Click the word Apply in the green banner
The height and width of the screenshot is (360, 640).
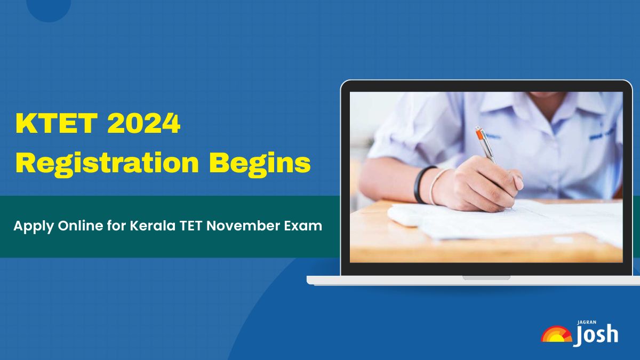click(x=30, y=226)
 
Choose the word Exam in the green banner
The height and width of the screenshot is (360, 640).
click(x=305, y=226)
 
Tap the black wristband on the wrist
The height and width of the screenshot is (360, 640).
click(x=419, y=184)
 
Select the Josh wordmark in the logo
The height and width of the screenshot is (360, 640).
click(x=596, y=335)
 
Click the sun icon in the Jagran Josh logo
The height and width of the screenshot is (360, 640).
click(x=556, y=334)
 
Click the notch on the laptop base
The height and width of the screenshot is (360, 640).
click(x=486, y=277)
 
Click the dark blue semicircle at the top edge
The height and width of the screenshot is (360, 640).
click(x=49, y=8)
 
